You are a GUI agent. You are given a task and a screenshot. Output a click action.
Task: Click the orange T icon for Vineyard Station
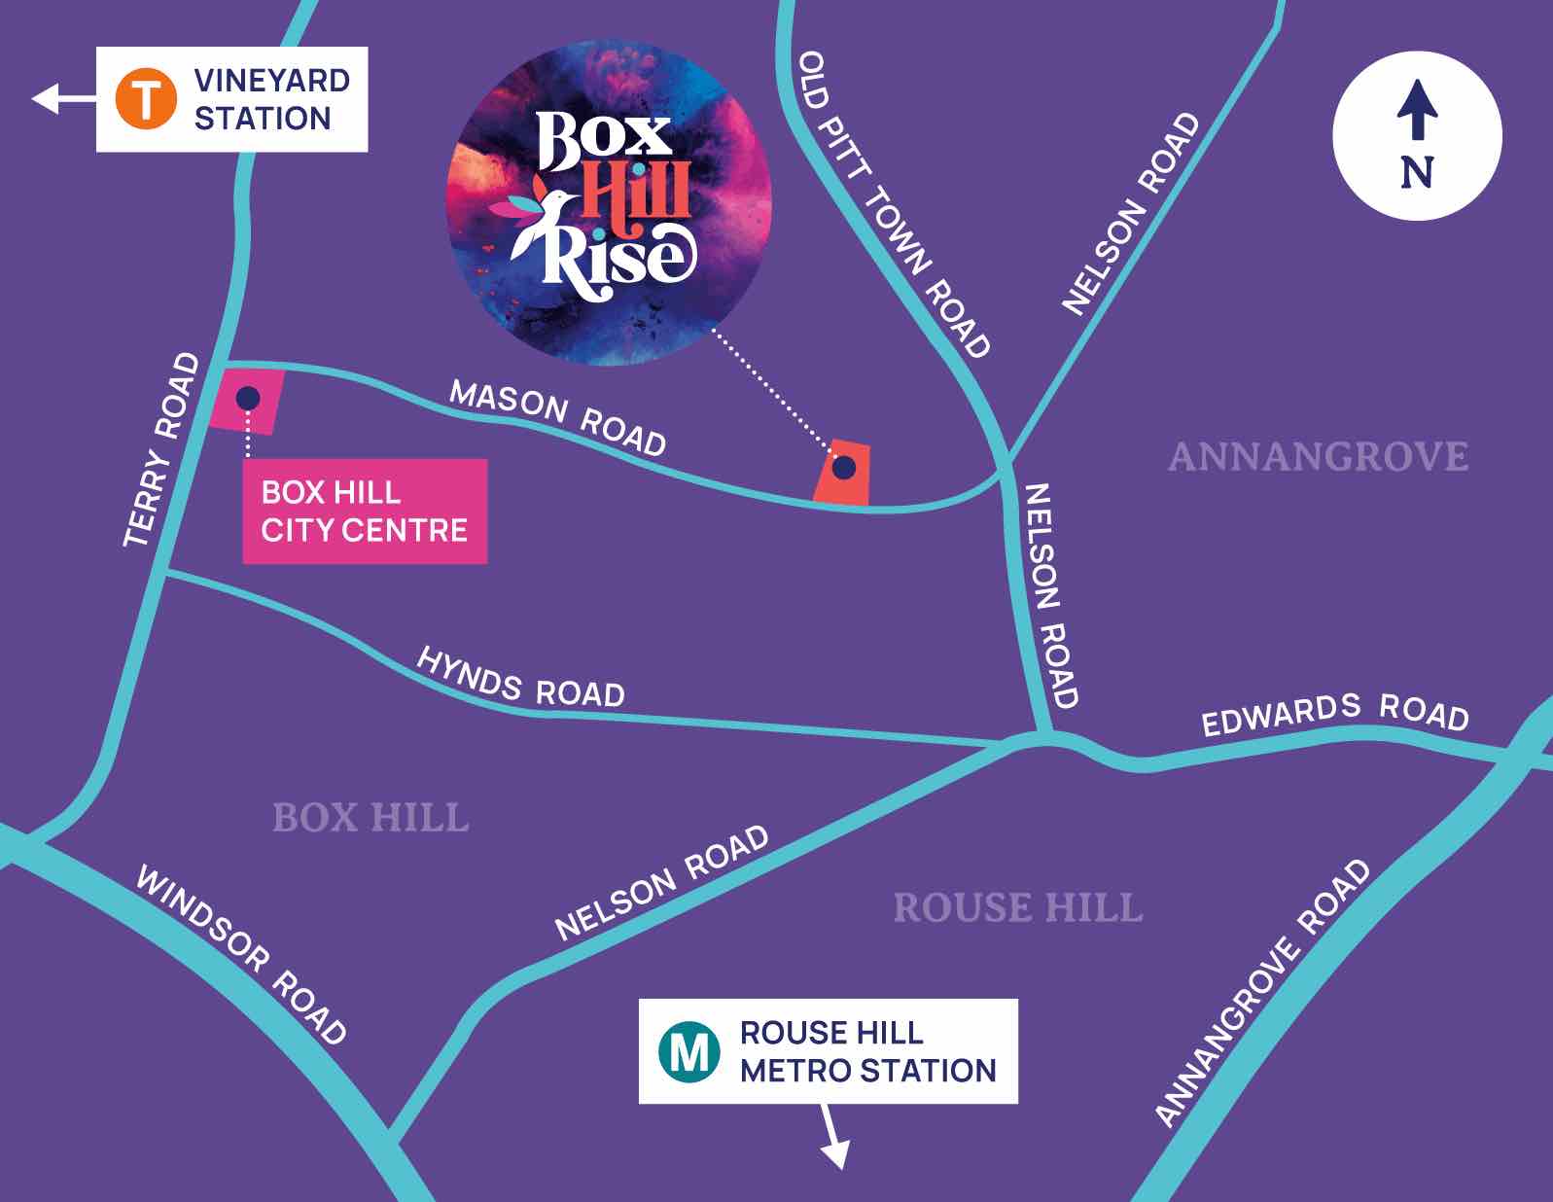click(146, 99)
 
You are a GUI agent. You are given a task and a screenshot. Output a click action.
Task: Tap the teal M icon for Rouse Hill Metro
click(689, 1051)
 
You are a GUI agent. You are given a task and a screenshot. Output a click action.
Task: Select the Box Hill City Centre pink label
click(365, 512)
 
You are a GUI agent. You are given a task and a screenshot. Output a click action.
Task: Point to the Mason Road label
click(558, 417)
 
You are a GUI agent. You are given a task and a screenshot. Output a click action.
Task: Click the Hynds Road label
click(520, 678)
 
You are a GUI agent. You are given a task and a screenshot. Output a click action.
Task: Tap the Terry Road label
click(162, 449)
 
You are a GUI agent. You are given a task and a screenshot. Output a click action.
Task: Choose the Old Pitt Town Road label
click(894, 204)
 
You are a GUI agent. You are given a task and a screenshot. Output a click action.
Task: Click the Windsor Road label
click(240, 954)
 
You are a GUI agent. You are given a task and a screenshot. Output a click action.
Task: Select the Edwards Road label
click(1334, 714)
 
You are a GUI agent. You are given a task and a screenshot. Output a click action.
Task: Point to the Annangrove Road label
click(1262, 992)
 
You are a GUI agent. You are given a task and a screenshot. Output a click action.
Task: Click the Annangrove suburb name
click(1318, 457)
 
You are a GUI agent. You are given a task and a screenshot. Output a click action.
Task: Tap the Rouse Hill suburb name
click(1017, 908)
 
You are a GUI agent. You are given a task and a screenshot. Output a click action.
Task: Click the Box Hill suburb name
click(371, 818)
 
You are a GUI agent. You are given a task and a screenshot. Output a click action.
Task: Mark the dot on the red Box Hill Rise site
click(844, 468)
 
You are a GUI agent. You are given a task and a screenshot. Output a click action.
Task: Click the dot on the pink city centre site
click(248, 398)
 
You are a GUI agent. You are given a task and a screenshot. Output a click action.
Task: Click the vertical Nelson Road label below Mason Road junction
click(1051, 595)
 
